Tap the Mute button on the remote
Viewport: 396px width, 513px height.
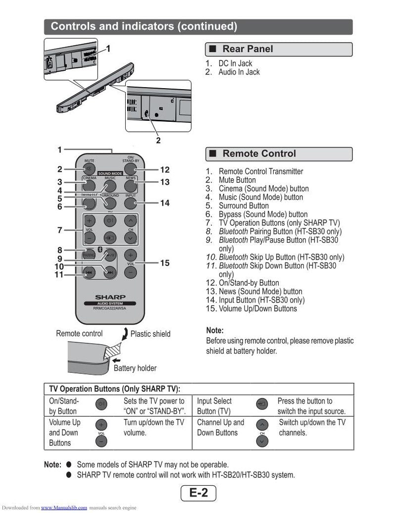coord(89,169)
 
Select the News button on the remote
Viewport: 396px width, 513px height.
coord(130,186)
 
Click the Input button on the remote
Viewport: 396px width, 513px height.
coord(130,203)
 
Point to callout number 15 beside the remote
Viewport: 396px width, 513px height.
coord(165,263)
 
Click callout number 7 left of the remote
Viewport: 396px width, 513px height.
coord(59,230)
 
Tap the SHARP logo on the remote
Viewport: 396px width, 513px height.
coord(110,297)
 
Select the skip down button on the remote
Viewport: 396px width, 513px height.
coord(89,273)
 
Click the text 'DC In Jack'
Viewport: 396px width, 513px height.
coord(235,63)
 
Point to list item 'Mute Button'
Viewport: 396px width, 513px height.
coord(237,180)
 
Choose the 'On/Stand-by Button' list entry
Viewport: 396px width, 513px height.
coord(249,283)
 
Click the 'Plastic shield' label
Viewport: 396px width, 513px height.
coord(150,334)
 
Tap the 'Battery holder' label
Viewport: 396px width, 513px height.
coord(135,368)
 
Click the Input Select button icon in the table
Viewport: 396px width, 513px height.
coord(262,404)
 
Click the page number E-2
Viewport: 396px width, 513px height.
coord(198,493)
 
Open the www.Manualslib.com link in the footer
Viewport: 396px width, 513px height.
coord(64,508)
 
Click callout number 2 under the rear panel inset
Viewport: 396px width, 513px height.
coord(158,140)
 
